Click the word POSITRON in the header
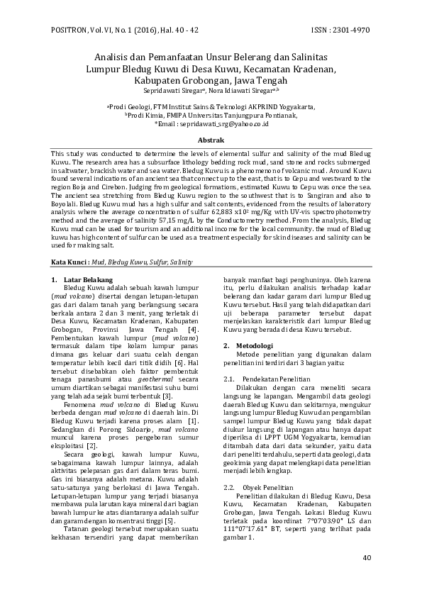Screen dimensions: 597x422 70,30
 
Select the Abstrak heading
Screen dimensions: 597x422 211,141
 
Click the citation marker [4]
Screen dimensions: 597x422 191,330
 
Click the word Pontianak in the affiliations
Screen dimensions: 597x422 281,114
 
